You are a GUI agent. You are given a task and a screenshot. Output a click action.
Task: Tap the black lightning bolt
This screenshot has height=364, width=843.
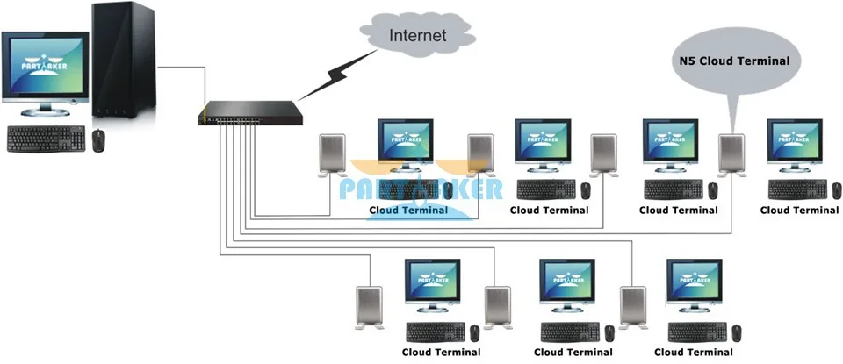[338, 75]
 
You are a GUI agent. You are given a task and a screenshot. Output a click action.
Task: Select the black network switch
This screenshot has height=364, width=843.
[250, 113]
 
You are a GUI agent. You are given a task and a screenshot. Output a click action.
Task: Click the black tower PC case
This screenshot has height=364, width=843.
[124, 60]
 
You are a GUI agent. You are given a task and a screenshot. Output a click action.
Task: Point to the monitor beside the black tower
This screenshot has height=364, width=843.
[45, 73]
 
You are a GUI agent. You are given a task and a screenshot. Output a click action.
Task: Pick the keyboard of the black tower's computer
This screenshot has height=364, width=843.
[47, 139]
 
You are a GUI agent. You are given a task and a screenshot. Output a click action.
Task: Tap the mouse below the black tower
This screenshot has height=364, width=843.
[98, 140]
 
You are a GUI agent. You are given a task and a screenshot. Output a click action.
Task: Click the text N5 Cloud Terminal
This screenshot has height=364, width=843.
[731, 61]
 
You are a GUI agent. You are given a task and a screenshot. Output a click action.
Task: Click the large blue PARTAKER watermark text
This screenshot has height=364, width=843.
[421, 189]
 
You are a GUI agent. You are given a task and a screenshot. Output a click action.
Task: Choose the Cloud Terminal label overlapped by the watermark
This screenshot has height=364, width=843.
[408, 210]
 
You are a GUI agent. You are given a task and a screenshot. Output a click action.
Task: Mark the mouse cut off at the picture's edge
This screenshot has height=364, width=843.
[837, 190]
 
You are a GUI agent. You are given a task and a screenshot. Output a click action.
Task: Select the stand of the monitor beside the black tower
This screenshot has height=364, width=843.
[45, 109]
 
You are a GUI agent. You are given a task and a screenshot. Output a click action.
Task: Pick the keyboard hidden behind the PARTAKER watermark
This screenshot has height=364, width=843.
[408, 189]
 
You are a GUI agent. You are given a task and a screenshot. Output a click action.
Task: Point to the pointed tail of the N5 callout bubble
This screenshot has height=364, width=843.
[731, 132]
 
